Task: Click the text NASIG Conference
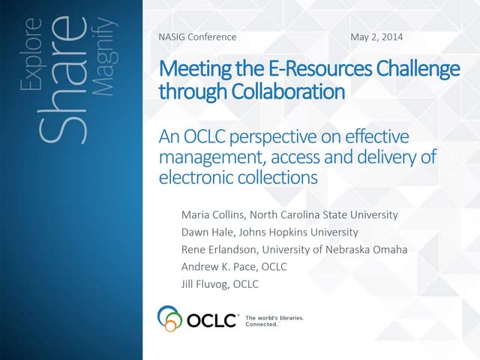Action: [x=197, y=37]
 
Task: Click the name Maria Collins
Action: [x=214, y=214]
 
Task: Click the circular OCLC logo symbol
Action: [x=170, y=318]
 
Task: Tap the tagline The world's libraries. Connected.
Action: [x=274, y=321]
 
